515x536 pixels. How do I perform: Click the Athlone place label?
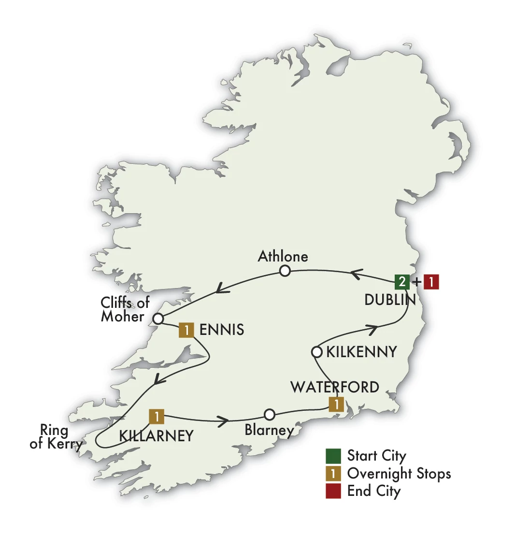283,256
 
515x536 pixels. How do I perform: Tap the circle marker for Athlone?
285,271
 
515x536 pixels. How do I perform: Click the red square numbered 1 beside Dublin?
431,282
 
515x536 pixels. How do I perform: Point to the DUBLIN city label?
390,300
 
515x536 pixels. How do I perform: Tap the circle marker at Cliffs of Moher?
158,319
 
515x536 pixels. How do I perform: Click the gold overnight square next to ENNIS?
186,330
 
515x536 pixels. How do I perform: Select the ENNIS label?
221,331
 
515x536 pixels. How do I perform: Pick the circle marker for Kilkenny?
316,352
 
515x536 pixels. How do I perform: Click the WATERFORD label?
334,387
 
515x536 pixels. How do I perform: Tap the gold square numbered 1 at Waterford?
336,405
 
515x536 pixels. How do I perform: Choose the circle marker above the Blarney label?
270,415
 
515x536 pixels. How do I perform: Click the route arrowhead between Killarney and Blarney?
224,421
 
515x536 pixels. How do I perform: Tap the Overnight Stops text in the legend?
399,474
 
